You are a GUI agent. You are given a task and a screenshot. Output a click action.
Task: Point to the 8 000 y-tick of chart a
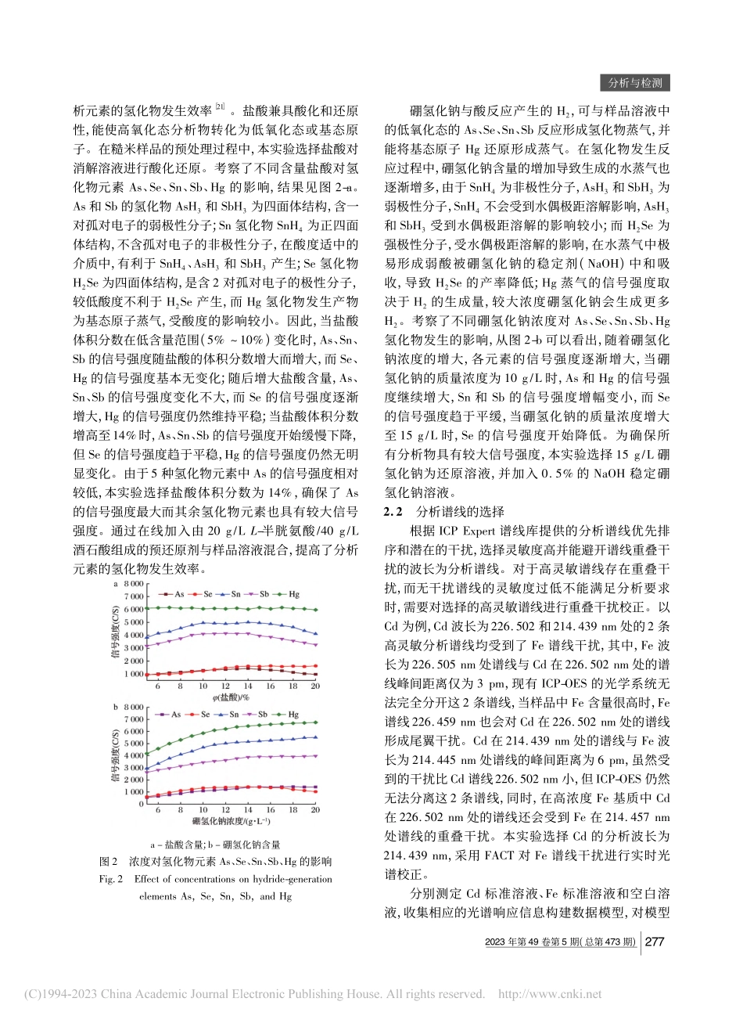tap(134, 584)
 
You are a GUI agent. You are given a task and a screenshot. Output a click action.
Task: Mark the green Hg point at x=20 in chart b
tap(315, 722)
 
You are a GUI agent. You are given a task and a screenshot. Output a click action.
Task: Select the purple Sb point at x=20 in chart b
tap(315, 755)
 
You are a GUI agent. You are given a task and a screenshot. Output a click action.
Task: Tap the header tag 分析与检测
tap(635, 83)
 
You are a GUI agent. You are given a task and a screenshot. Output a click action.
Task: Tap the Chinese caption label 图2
tap(109, 862)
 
